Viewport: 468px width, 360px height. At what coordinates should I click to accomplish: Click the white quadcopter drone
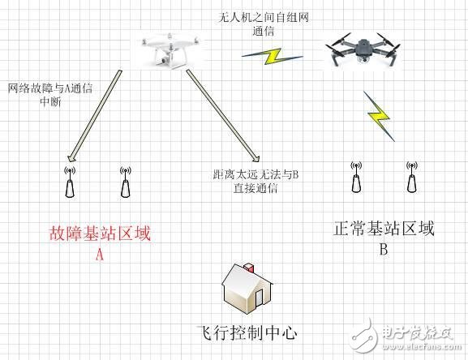[170, 51]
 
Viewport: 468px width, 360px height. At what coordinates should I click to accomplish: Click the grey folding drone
[363, 50]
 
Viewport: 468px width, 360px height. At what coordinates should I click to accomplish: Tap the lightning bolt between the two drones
[272, 56]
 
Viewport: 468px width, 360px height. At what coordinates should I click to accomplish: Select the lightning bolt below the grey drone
[379, 116]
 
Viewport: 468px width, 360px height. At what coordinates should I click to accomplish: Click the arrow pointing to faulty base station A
[95, 116]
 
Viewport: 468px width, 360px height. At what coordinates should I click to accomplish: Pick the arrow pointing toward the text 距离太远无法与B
[223, 116]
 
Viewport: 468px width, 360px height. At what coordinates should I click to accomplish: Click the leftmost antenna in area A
[70, 182]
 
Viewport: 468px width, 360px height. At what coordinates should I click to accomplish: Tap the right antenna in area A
[126, 182]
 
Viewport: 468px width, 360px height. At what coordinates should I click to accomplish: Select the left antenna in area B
[356, 178]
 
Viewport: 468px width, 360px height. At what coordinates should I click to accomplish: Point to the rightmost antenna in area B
[412, 177]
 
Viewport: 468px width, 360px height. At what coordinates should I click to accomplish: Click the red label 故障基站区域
[100, 234]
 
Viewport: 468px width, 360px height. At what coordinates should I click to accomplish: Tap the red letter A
[100, 255]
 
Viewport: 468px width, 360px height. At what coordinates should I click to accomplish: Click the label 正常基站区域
[384, 229]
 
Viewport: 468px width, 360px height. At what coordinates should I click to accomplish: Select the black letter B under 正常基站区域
[384, 249]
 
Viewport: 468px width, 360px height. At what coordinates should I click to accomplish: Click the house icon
[247, 288]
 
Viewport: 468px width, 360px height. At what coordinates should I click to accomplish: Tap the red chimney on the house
[250, 267]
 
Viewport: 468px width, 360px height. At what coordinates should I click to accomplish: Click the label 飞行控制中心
[247, 333]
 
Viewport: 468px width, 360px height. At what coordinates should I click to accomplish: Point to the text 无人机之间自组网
[264, 17]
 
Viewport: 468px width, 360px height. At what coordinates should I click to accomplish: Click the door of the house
[259, 298]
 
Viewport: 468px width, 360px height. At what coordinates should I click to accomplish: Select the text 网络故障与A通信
[50, 88]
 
